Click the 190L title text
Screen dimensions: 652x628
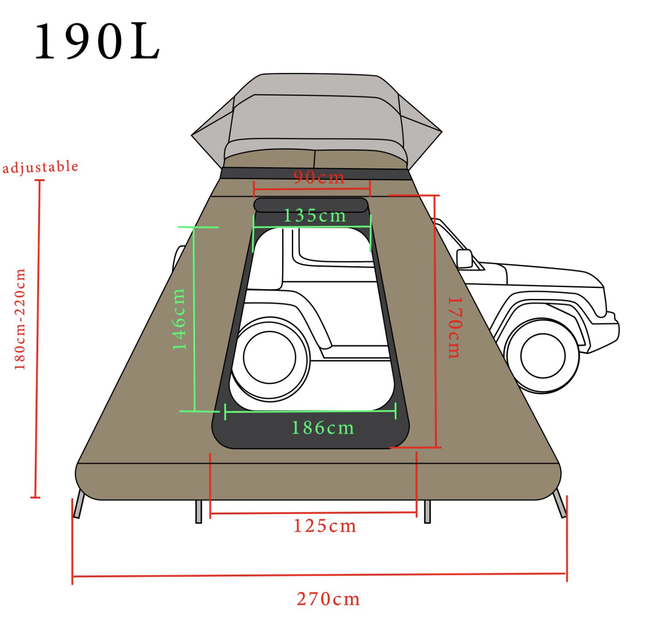point(97,42)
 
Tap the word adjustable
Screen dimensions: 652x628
point(40,167)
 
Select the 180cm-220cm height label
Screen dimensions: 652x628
point(19,319)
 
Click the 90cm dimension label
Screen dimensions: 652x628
point(318,177)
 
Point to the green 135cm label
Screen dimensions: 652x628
point(314,215)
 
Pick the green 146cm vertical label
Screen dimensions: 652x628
point(179,319)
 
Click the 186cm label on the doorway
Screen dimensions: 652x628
point(322,428)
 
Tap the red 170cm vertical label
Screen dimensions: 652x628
point(455,328)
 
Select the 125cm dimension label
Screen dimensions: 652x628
point(324,526)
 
